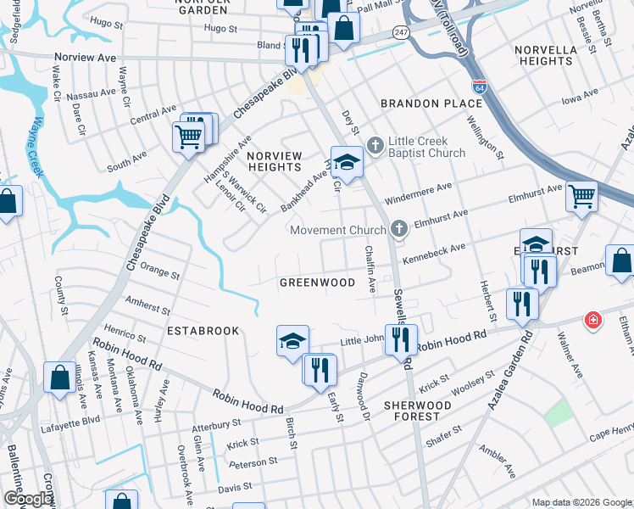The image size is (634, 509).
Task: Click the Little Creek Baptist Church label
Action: click(427, 147)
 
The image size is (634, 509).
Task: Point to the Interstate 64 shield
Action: click(479, 87)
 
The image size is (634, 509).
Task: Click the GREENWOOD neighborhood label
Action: click(318, 282)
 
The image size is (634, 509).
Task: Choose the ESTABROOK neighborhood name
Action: click(203, 329)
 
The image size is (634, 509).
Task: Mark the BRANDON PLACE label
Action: click(431, 103)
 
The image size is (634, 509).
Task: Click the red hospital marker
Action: click(594, 322)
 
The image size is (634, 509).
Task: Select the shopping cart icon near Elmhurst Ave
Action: click(582, 196)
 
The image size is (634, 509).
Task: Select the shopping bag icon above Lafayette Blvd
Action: click(59, 378)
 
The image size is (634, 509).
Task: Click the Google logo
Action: click(28, 499)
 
